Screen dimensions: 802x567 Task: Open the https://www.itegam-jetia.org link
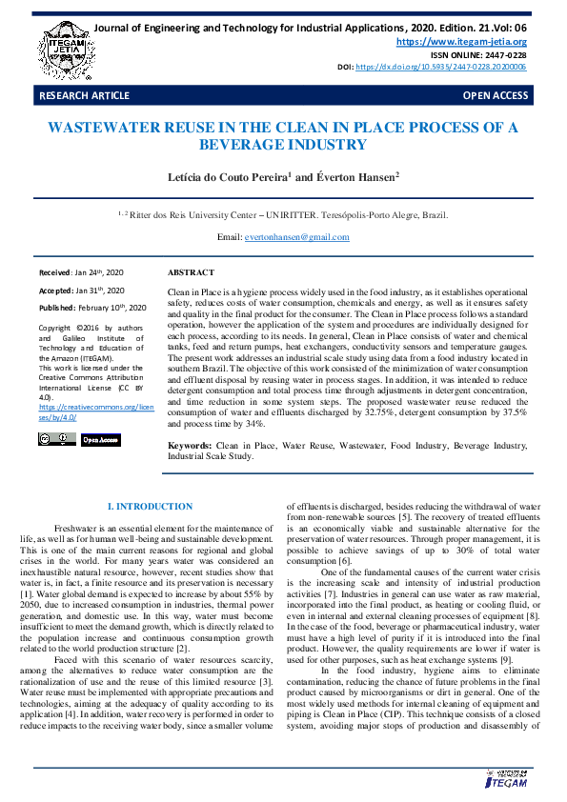click(461, 42)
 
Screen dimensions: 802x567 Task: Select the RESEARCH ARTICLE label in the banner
click(84, 96)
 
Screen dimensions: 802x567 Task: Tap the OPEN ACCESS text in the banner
click(495, 96)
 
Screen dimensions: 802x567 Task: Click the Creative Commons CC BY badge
click(56, 439)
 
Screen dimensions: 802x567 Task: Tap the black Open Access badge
click(100, 439)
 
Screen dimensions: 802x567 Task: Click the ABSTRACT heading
click(191, 272)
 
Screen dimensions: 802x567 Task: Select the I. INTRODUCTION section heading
click(150, 506)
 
